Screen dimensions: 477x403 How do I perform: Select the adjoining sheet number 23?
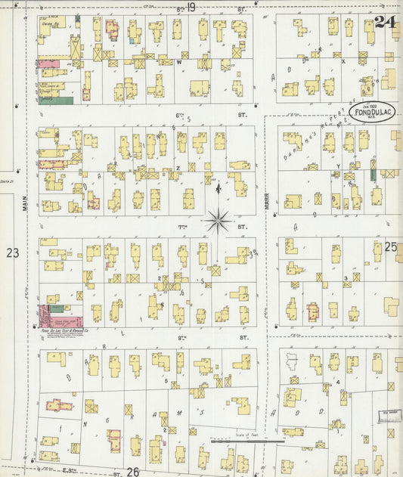(x=12, y=252)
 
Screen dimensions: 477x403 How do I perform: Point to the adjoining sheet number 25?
(x=391, y=246)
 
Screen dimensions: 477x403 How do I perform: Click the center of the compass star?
(x=218, y=220)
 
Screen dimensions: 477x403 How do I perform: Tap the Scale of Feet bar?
(x=247, y=440)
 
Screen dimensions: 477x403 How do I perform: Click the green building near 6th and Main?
(x=56, y=101)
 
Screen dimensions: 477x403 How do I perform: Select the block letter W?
(x=180, y=63)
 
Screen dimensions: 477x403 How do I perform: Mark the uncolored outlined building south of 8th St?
(x=292, y=361)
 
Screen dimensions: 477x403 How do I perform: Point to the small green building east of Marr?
(x=373, y=175)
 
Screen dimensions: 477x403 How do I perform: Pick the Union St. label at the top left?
(x=50, y=23)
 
